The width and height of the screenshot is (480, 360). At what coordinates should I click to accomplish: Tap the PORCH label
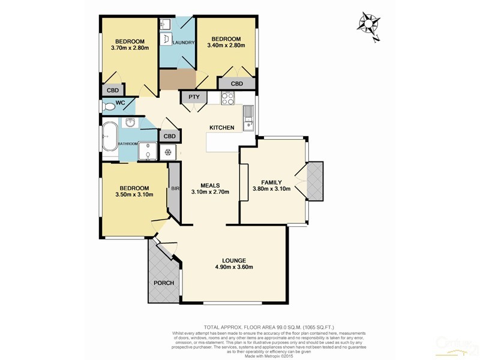(x=164, y=283)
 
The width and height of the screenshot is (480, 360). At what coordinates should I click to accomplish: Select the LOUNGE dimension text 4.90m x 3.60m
(x=234, y=268)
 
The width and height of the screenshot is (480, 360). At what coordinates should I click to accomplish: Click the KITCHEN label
(x=221, y=128)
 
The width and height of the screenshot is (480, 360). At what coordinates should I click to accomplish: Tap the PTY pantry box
(x=194, y=97)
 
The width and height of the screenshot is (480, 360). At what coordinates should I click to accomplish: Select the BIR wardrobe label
(x=175, y=189)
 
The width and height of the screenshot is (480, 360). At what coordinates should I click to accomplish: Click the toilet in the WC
(x=109, y=107)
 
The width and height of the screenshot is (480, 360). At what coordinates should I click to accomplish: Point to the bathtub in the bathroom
(x=110, y=137)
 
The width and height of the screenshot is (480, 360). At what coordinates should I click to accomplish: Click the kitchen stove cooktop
(x=227, y=98)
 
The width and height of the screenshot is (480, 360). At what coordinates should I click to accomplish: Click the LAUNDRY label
(x=183, y=43)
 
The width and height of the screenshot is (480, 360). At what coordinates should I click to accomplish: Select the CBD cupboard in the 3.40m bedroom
(x=236, y=84)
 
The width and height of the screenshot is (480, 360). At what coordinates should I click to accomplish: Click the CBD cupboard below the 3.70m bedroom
(x=112, y=90)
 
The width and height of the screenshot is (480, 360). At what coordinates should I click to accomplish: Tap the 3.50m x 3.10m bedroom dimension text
(x=134, y=194)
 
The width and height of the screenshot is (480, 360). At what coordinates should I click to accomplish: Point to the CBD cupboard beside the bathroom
(x=170, y=136)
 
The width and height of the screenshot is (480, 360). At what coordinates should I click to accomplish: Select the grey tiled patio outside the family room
(x=314, y=180)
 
